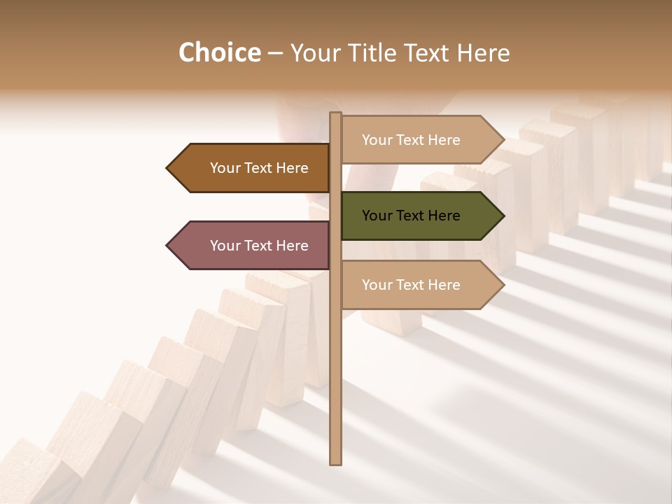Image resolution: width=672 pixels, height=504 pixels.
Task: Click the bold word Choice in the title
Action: tap(219, 52)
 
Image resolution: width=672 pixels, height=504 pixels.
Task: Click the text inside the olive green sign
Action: tap(411, 216)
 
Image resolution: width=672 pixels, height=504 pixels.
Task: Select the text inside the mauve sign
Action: tap(259, 246)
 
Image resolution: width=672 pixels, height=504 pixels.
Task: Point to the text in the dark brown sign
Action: tap(259, 168)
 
